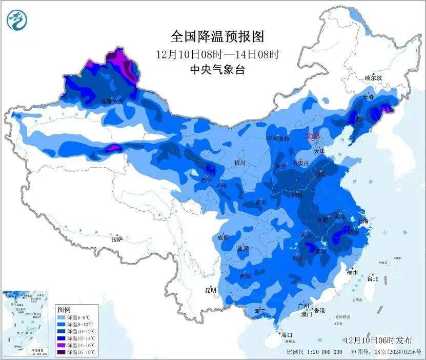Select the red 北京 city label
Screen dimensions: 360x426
tap(313, 136)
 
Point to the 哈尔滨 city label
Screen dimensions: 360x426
tap(373, 78)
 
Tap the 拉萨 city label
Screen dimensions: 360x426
tap(117, 238)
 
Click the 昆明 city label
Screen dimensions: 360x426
tap(210, 290)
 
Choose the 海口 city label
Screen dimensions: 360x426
tap(287, 334)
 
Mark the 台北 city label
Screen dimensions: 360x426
tap(373, 279)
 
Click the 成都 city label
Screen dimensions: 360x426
tap(222, 237)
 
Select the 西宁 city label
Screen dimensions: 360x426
tap(206, 180)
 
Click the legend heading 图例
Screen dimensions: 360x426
tap(64, 310)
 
